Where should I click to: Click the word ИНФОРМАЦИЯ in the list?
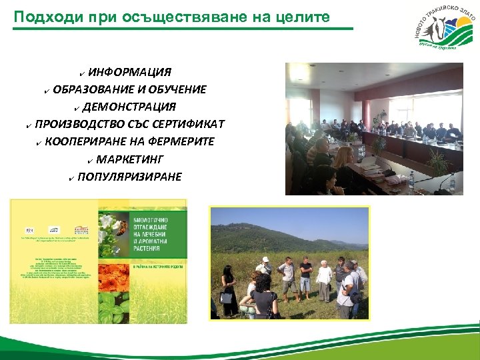[130, 72]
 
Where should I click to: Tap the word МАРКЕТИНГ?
[129, 159]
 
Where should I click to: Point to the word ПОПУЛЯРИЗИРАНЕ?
[129, 176]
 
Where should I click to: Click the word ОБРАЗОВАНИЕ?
[93, 89]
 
